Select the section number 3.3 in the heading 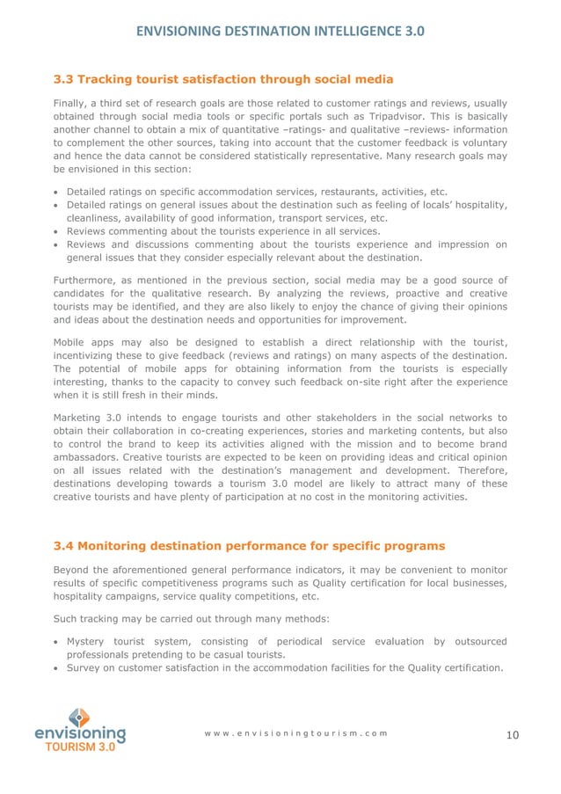[64, 80]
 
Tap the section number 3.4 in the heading [64, 546]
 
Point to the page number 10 [514, 735]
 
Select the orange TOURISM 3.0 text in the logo [80, 747]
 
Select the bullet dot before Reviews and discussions [57, 245]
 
